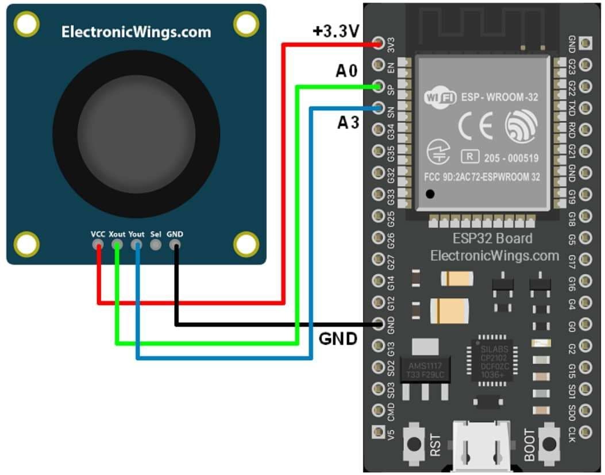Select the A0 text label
(346, 72)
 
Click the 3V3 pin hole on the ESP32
(378, 43)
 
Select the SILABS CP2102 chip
(492, 360)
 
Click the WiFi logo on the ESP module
(440, 97)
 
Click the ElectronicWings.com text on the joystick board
(136, 32)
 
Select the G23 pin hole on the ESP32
(585, 65)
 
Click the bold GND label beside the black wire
(338, 339)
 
